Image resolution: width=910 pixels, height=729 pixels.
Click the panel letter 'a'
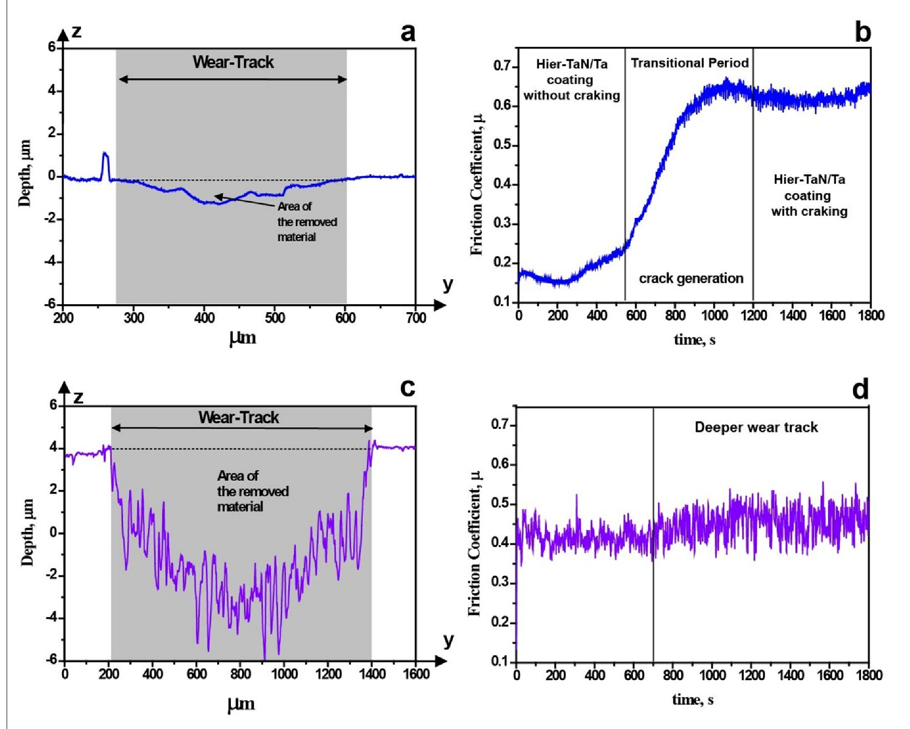click(408, 33)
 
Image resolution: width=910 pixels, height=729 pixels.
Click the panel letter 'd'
click(861, 390)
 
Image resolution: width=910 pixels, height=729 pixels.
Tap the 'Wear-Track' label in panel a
click(233, 62)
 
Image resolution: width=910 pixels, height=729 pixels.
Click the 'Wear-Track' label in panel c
click(239, 418)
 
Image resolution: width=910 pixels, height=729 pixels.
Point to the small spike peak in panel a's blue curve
click(105, 153)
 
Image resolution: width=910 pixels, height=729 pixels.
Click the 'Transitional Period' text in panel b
click(689, 63)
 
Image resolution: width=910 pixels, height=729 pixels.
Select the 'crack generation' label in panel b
click(691, 279)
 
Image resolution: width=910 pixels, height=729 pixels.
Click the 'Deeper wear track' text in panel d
click(756, 427)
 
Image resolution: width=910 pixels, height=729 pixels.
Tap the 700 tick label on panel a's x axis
click(415, 318)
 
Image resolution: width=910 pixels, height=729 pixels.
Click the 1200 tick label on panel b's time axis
click(753, 315)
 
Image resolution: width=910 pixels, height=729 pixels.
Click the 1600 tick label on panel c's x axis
click(416, 674)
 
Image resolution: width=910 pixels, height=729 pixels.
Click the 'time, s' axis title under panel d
click(692, 700)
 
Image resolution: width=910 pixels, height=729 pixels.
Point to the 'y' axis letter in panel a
click(448, 284)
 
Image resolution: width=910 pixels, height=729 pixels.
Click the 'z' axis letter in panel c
click(78, 397)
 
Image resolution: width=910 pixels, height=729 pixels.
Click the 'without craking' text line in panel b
click(571, 96)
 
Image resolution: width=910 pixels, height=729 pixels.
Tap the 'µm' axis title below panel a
click(242, 338)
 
